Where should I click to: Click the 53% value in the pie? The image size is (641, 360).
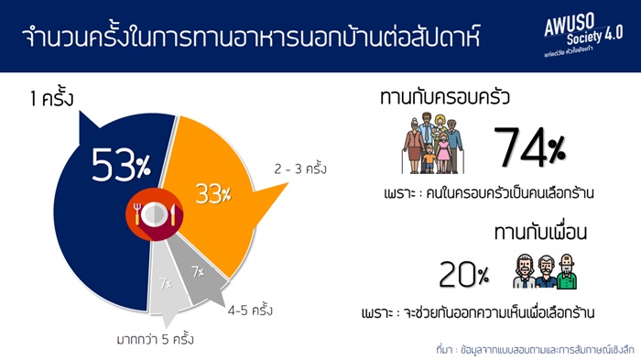pos(121,165)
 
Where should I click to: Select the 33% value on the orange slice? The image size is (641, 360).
pos(213,193)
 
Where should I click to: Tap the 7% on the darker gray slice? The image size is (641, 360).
pos(198,272)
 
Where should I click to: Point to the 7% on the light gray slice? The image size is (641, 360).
pos(165,283)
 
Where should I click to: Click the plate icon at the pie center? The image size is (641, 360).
pos(154,214)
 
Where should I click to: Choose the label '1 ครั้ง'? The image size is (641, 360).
pos(52,98)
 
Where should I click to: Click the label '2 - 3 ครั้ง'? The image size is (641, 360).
pos(300,169)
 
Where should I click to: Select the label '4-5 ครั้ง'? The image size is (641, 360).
pos(250,310)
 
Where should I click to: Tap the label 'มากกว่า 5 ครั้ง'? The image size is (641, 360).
pos(156,339)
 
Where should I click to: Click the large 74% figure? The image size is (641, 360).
pos(530,147)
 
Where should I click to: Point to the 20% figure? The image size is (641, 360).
pos(464,274)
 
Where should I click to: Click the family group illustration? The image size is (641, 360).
pos(433,143)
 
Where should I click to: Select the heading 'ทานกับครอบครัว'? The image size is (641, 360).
pos(445,97)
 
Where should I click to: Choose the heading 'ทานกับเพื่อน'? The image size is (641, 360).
pos(540,232)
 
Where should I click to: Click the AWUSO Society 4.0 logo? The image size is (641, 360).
pos(583,35)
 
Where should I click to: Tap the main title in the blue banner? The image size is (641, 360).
pos(251,37)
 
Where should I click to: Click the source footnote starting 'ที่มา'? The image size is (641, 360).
pos(535,350)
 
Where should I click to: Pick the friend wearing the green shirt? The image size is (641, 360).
pos(567,271)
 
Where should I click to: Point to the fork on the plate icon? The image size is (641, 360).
pos(137,213)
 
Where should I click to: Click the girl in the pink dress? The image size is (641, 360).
pos(443,153)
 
